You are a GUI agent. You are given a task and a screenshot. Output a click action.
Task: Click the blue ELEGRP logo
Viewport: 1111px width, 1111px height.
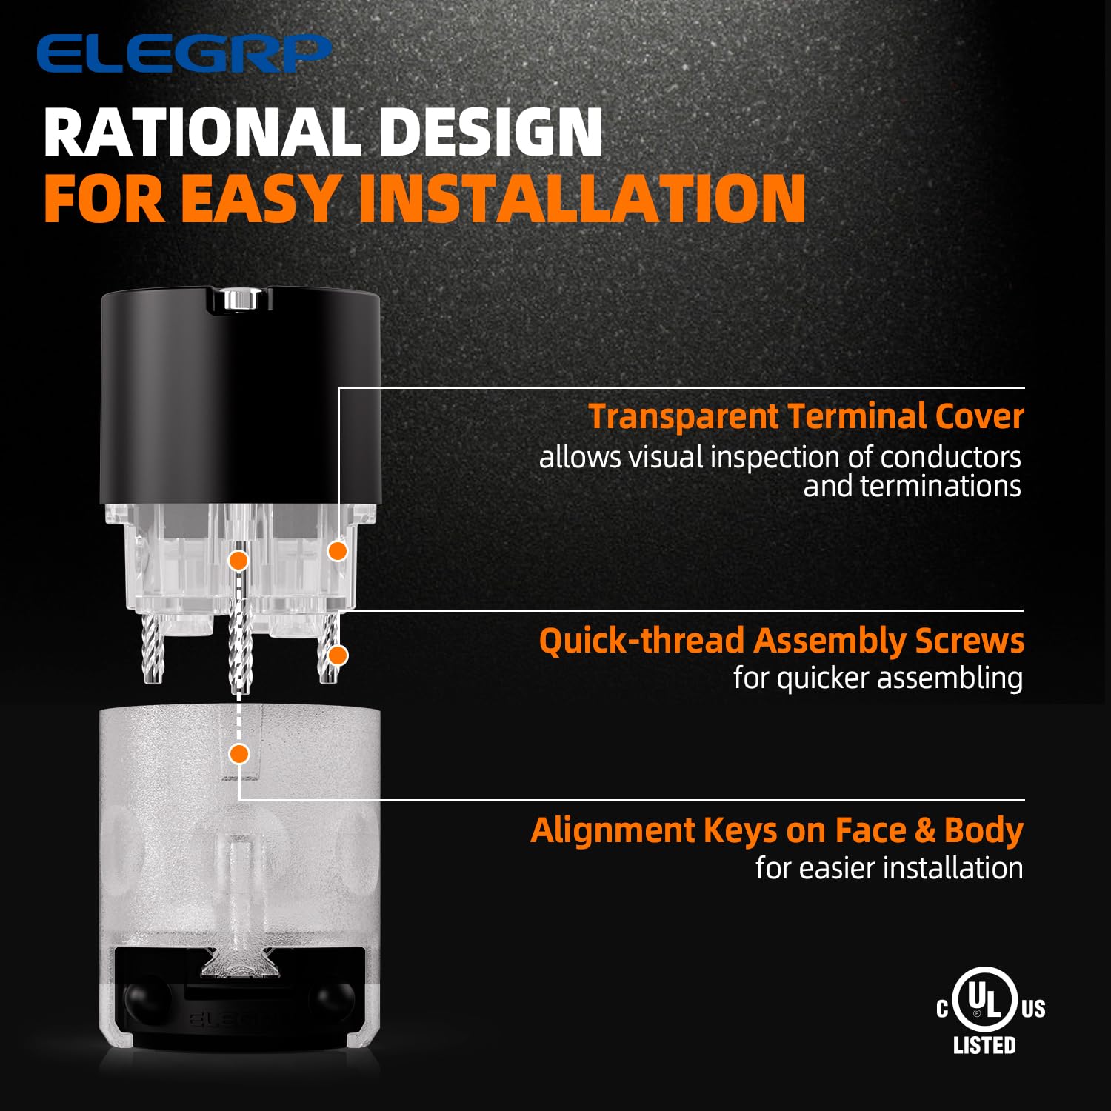(184, 53)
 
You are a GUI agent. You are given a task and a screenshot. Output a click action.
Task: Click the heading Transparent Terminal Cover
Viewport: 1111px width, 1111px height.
(806, 416)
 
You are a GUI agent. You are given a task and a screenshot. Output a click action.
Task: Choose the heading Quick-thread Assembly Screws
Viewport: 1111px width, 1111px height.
(781, 641)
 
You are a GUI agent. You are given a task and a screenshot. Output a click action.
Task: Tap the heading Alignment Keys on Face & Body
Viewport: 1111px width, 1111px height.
(777, 830)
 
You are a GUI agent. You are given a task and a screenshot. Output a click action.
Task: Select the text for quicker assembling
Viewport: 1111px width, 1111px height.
(878, 678)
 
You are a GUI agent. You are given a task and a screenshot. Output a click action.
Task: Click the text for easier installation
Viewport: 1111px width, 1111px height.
(890, 868)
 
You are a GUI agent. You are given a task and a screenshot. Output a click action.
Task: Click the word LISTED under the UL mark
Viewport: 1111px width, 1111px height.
(984, 1045)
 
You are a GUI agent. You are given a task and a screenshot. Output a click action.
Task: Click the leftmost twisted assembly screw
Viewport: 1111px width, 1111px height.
(152, 649)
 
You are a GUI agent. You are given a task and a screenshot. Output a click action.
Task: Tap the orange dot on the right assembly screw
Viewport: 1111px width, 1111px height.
(338, 655)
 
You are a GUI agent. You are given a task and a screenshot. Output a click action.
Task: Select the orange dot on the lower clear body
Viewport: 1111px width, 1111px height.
(238, 754)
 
